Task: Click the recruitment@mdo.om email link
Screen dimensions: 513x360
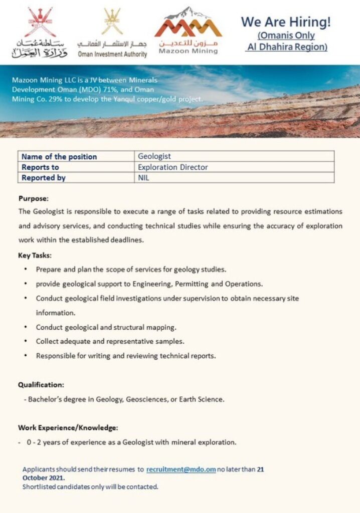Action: pos(181,469)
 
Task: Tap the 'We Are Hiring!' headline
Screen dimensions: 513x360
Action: pos(286,22)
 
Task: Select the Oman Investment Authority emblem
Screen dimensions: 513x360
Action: pos(112,21)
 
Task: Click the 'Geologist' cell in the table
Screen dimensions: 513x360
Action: pos(154,156)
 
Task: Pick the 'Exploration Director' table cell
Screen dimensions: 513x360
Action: pos(173,167)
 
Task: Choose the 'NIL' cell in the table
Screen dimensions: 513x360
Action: pos(144,177)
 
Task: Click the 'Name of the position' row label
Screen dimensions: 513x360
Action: pos(59,156)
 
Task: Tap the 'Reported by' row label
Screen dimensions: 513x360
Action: pos(44,177)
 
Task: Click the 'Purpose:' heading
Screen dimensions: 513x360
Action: pos(34,198)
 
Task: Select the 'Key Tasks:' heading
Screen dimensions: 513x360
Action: pos(35,255)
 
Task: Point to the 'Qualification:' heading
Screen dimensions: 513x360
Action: pos(41,385)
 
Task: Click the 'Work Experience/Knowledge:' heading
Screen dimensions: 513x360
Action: pos(68,428)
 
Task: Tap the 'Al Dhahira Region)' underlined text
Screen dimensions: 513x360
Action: pos(286,47)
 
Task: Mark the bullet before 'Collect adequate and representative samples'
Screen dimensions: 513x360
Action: pos(26,342)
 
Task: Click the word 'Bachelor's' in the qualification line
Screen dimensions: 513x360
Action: pos(46,399)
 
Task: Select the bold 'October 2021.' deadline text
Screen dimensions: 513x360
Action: pos(44,478)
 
